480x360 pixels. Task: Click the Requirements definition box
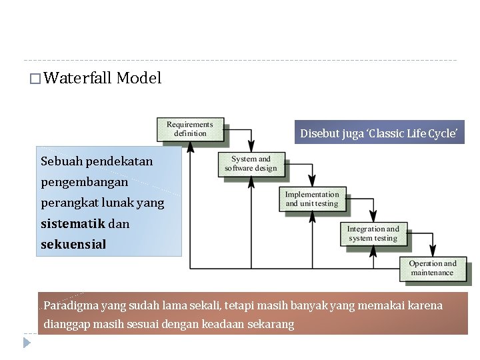(190, 129)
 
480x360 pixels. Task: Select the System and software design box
(251, 163)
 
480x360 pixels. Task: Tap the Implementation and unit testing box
(312, 199)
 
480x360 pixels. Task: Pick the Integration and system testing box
(373, 233)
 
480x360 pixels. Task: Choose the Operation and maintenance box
(433, 268)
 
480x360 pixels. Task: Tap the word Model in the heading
(139, 78)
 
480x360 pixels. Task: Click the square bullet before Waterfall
(35, 79)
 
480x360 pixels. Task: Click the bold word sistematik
(65, 223)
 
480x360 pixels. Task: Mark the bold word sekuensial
(73, 244)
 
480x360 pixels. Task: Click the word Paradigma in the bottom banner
(71, 306)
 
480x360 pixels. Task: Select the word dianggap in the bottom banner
(67, 325)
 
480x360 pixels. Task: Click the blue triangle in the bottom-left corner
(27, 343)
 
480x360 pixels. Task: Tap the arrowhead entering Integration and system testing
(373, 218)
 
